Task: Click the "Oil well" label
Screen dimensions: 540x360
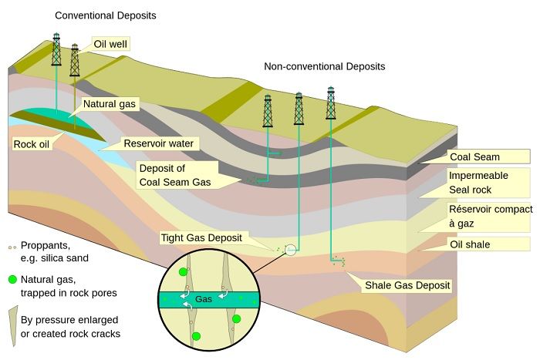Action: point(110,44)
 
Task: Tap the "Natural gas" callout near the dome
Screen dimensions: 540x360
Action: point(110,104)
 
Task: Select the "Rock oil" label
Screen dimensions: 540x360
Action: point(32,144)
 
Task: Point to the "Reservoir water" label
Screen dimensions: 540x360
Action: point(158,143)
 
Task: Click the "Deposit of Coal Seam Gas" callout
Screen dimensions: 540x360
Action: point(175,175)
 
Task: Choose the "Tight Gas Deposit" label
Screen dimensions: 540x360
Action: point(201,237)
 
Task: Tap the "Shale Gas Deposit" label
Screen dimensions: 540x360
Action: point(407,285)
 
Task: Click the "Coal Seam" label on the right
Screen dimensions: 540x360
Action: point(474,157)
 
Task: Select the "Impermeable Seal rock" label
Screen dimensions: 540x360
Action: point(478,183)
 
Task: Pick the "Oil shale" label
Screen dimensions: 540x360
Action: point(470,244)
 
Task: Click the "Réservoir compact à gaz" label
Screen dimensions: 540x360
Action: point(491,216)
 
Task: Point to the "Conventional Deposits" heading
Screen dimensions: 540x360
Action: point(106,15)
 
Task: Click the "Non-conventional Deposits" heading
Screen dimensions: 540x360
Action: point(325,66)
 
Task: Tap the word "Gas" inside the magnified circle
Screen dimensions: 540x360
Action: point(204,299)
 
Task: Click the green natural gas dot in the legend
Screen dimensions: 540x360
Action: point(12,280)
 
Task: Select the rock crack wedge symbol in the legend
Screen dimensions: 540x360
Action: point(14,325)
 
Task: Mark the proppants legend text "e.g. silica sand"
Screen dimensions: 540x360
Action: point(55,258)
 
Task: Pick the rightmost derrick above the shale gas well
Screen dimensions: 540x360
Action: point(331,103)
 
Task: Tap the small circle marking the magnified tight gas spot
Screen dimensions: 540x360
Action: point(291,250)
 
